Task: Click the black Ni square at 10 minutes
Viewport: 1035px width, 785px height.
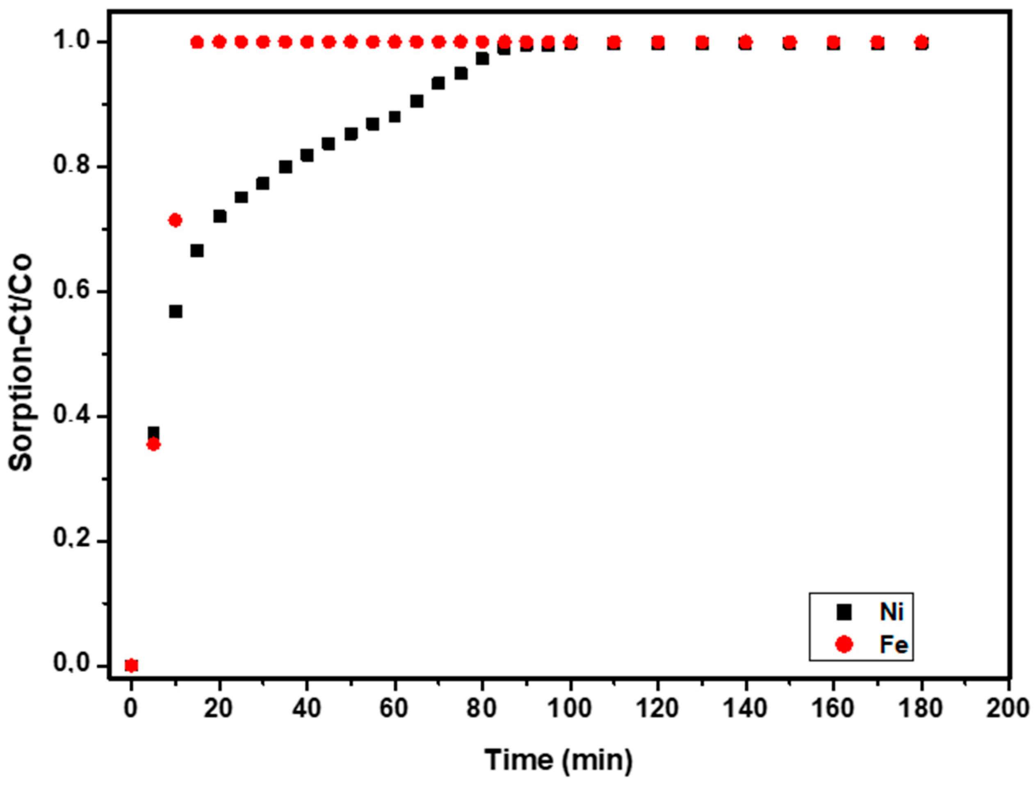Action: [176, 311]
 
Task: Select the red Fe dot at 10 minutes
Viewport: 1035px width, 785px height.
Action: [176, 220]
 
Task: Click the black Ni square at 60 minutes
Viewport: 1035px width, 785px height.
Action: [394, 117]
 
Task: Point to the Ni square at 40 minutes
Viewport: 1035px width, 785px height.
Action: [307, 155]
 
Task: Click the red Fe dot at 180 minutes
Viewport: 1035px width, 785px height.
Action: [921, 43]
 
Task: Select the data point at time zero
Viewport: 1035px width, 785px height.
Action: [132, 665]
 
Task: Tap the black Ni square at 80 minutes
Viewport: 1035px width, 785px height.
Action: [482, 59]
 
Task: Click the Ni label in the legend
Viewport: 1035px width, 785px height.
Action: [891, 612]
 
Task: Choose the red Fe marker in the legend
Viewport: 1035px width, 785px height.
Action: [844, 645]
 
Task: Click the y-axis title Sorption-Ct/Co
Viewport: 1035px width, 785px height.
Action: [21, 363]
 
